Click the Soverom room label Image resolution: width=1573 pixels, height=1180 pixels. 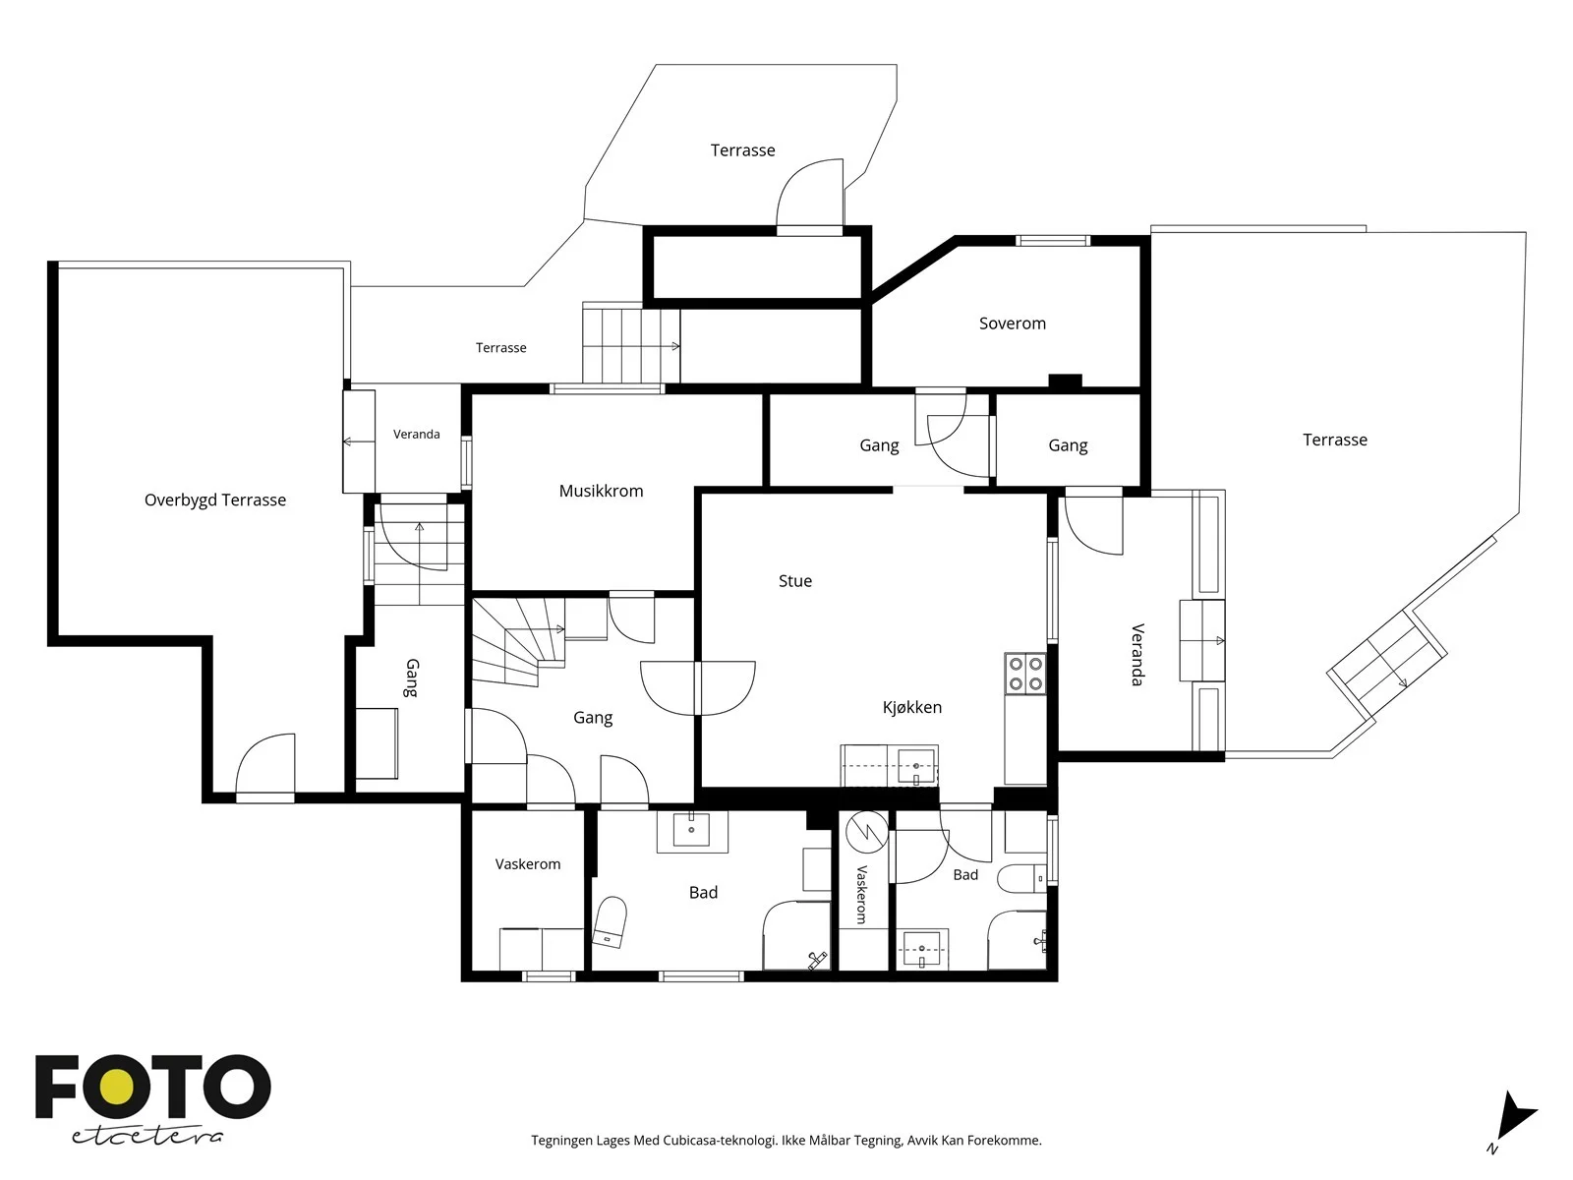[x=1012, y=324]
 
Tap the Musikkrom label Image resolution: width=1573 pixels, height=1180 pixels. [x=601, y=491]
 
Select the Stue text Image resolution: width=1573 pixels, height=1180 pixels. [x=794, y=581]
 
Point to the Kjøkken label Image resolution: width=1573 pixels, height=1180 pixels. [x=911, y=708]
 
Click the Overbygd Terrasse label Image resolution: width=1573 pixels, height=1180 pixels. [x=215, y=501]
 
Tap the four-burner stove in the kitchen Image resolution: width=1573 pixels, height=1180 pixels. [x=1024, y=674]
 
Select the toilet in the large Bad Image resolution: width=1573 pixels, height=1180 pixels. [x=610, y=921]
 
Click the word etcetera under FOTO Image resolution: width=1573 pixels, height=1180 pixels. [x=146, y=1137]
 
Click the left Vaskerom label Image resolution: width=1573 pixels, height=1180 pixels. [x=527, y=864]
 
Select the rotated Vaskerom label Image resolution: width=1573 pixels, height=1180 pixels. [x=862, y=894]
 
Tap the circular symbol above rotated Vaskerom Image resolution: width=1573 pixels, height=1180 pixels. [x=867, y=832]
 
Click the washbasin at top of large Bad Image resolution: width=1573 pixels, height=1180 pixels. [x=691, y=830]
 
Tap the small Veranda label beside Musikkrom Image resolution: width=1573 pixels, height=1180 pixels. [x=417, y=435]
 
